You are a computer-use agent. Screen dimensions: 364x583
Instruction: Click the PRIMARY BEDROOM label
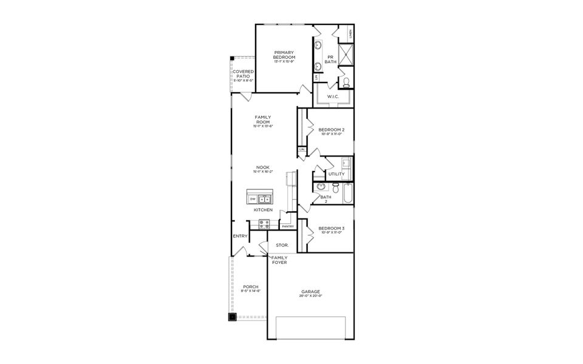284,55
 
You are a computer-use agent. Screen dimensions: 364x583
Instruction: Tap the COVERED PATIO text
243,74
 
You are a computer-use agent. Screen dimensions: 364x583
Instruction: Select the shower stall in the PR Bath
346,55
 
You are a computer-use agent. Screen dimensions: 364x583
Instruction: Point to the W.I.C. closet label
332,96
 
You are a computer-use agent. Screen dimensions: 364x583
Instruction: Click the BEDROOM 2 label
332,130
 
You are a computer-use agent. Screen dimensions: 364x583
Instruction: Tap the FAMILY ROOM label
262,120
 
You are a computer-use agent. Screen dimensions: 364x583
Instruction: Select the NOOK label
262,167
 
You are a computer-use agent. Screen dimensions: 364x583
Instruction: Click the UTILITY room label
336,174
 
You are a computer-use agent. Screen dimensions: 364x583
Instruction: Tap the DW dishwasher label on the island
252,198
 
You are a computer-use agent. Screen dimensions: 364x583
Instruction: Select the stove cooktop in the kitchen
264,223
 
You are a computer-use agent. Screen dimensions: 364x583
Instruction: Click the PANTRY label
287,226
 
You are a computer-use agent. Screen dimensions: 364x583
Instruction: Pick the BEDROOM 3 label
332,228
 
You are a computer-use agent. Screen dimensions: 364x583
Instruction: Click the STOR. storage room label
281,245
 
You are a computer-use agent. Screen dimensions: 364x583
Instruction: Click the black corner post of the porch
232,316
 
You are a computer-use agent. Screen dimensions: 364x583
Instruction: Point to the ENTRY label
240,237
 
